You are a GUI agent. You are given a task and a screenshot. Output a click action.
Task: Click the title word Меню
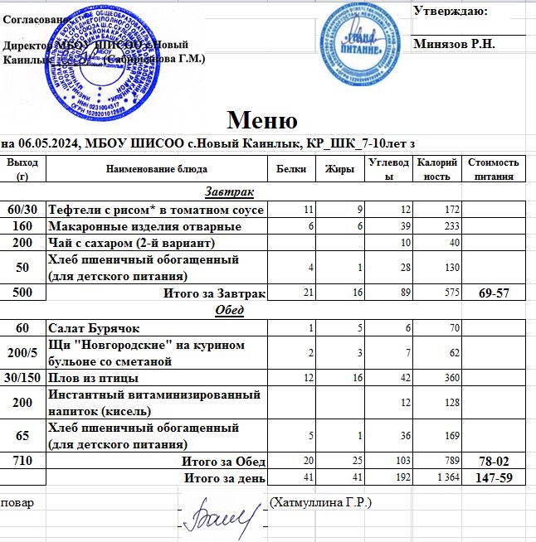tap(262, 120)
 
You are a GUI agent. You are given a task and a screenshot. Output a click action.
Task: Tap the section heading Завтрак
tap(229, 192)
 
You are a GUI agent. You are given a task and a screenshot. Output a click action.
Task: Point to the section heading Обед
tap(229, 310)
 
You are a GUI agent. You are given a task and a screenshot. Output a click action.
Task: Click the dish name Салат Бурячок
tap(92, 328)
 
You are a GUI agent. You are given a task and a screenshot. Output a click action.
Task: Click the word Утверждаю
tap(450, 12)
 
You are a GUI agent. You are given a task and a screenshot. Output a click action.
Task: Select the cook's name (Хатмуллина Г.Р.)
tap(321, 502)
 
